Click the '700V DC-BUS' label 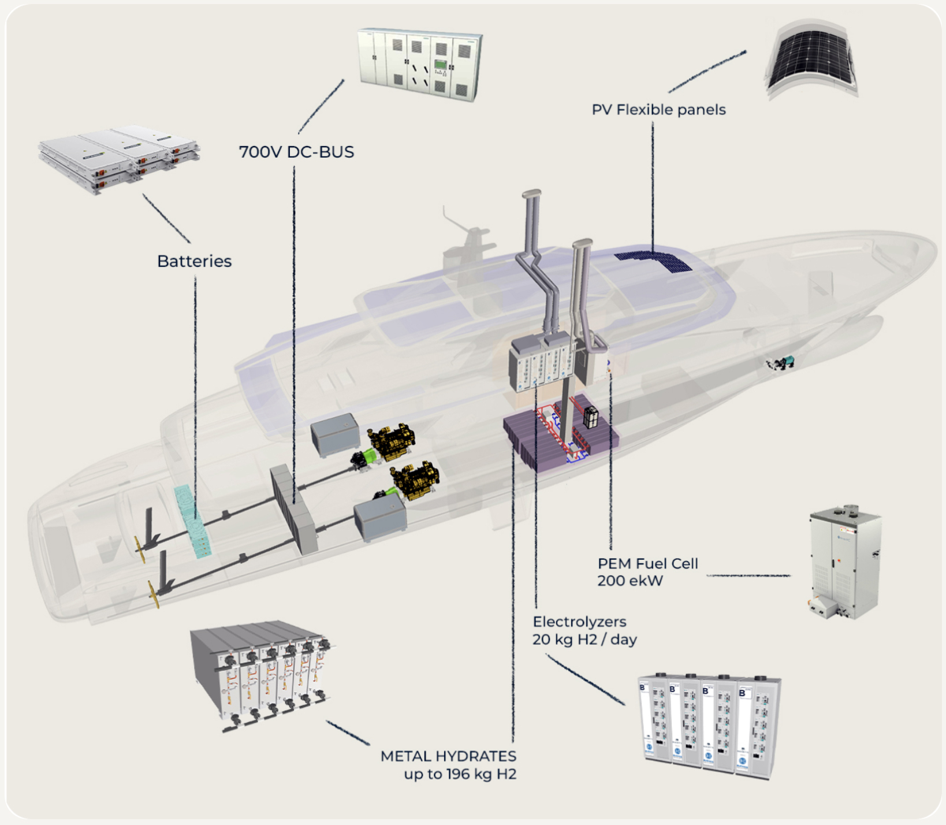tap(296, 152)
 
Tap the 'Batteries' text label tap(194, 261)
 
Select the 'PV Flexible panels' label tap(658, 110)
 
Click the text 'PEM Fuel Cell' tap(647, 563)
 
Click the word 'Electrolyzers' tap(579, 622)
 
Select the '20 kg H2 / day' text tap(584, 640)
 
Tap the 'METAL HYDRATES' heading tap(448, 756)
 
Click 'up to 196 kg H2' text tap(460, 774)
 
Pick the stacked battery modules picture tap(118, 157)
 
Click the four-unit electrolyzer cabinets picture tap(709, 725)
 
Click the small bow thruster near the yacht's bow tap(781, 363)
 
